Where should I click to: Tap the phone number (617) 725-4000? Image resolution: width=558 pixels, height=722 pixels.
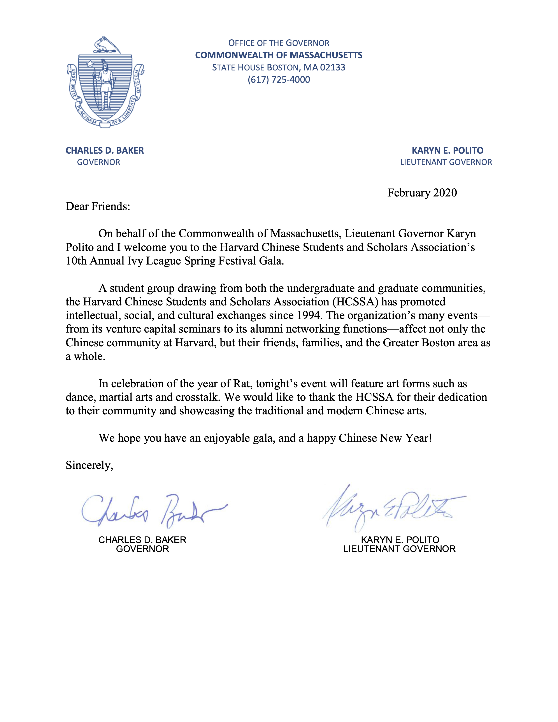[x=279, y=80]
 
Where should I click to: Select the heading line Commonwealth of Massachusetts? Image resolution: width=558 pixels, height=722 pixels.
[x=279, y=55]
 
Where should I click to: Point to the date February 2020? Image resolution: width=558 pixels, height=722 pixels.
[x=422, y=193]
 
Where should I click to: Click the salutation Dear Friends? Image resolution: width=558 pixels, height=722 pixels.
[x=98, y=206]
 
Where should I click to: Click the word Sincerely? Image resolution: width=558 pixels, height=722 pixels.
[x=89, y=465]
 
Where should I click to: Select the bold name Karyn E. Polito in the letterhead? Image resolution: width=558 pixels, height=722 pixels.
[x=447, y=151]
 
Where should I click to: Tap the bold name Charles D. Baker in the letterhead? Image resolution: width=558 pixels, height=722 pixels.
[x=105, y=151]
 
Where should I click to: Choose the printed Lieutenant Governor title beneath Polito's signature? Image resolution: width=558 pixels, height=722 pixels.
[x=399, y=549]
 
